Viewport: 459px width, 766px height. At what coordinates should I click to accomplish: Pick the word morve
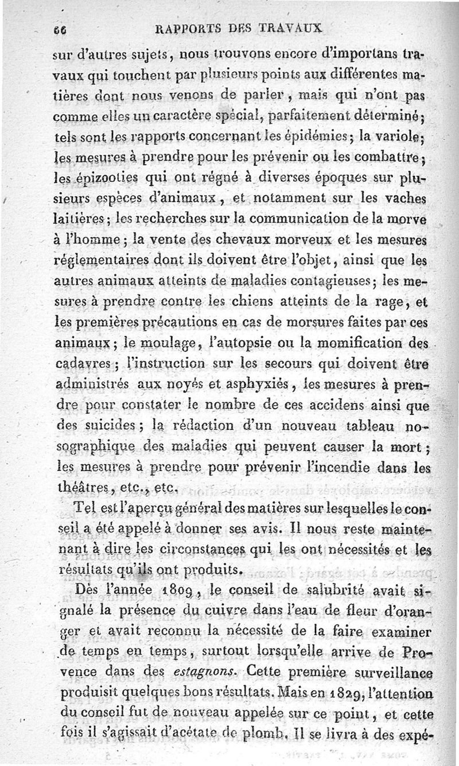[412, 219]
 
